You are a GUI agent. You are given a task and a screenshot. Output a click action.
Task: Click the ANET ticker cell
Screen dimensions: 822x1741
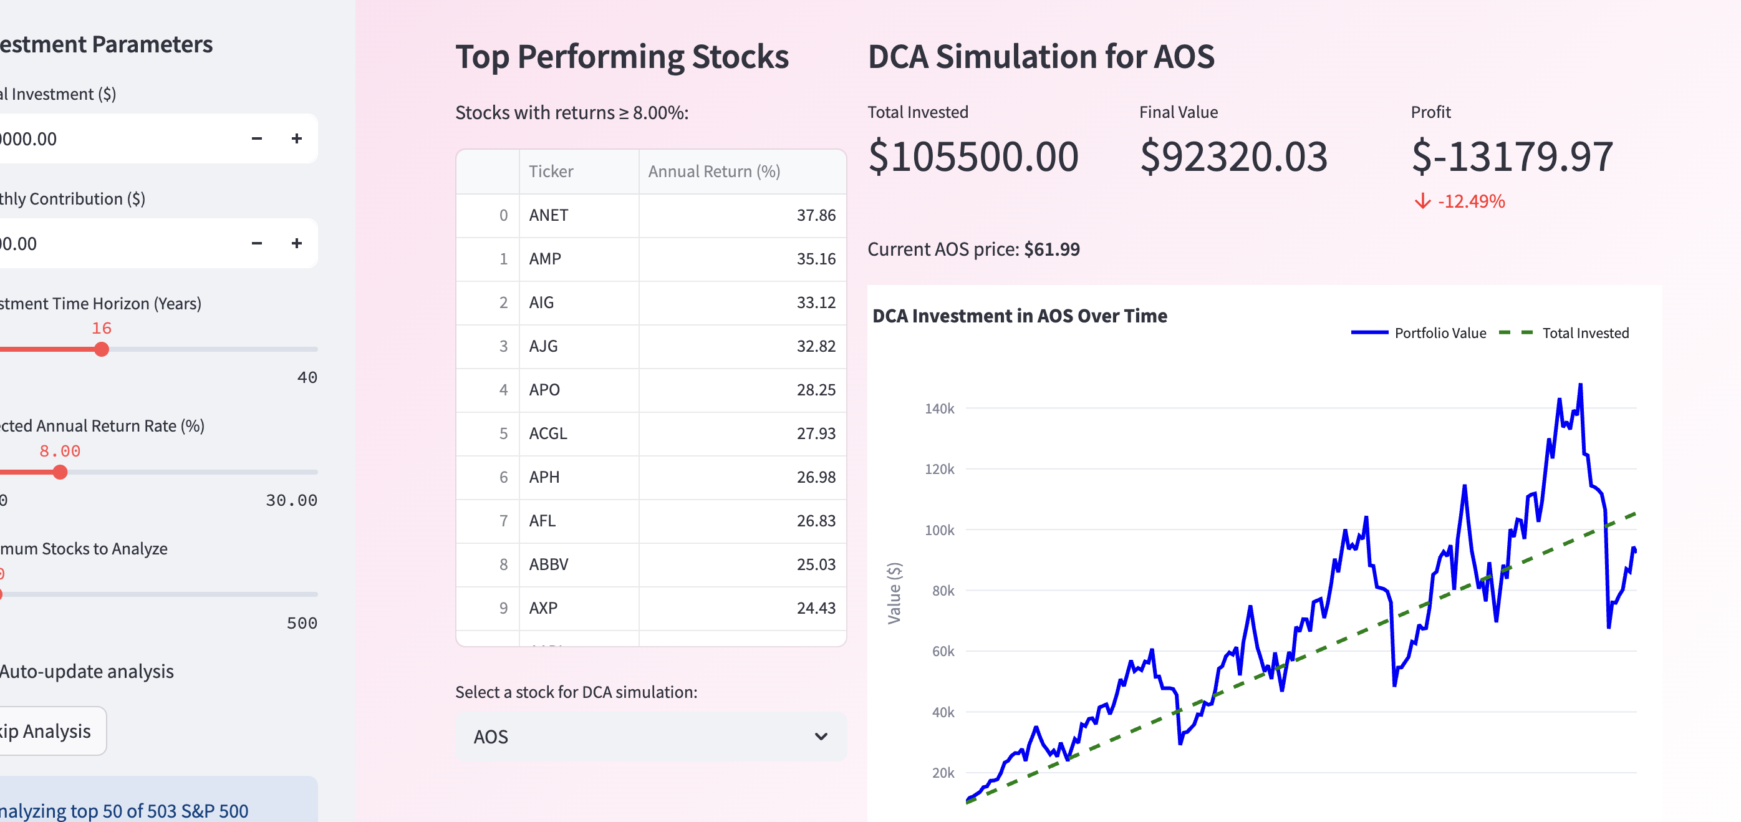(x=548, y=215)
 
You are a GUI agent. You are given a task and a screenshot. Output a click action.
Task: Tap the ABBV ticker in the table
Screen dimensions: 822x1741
(x=548, y=564)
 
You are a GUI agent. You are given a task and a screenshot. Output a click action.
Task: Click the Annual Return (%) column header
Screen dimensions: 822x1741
(x=714, y=172)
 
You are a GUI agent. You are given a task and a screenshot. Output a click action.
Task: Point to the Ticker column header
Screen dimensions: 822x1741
(x=551, y=172)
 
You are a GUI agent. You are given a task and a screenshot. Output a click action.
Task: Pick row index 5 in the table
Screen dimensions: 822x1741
(x=503, y=433)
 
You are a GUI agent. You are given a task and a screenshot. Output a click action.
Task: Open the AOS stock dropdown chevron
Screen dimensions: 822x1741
(x=821, y=736)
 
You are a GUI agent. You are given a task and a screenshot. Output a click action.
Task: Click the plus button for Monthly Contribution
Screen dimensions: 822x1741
(x=297, y=243)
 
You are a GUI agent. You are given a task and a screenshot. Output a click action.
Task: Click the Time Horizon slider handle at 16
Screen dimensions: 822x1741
(x=102, y=349)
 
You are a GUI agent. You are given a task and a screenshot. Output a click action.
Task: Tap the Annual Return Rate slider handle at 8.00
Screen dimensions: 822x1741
(x=60, y=472)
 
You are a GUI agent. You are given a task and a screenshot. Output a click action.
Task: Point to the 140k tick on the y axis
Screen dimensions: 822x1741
(x=940, y=409)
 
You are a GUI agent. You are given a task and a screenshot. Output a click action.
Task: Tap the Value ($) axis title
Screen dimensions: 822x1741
(x=894, y=593)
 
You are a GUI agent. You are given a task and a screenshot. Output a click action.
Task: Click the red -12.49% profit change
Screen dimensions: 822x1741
(x=1470, y=201)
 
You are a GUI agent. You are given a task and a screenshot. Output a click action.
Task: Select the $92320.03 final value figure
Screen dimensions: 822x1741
(x=1233, y=157)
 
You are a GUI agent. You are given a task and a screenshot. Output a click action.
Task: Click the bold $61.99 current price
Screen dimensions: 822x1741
(x=1051, y=249)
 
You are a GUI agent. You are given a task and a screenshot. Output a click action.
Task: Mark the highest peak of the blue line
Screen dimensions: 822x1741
(x=1580, y=385)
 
